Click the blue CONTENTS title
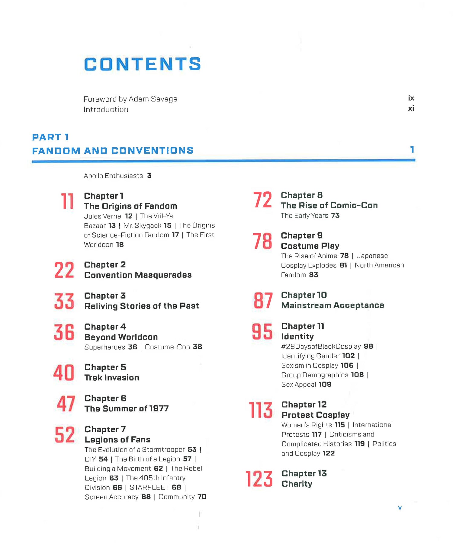click(142, 64)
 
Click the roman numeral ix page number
click(411, 98)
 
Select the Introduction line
click(106, 110)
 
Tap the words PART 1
click(50, 137)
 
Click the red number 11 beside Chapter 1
click(67, 201)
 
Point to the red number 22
click(64, 270)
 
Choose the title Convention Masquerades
click(138, 275)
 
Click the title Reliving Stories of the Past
click(142, 306)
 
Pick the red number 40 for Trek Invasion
click(64, 372)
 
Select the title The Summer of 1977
click(127, 409)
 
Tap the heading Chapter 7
click(105, 429)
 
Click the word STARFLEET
click(149, 487)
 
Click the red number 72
click(262, 200)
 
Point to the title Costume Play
click(310, 246)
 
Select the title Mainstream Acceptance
click(333, 305)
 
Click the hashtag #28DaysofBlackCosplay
click(321, 347)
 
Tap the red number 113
click(260, 410)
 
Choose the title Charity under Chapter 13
click(297, 484)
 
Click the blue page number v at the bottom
click(400, 508)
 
